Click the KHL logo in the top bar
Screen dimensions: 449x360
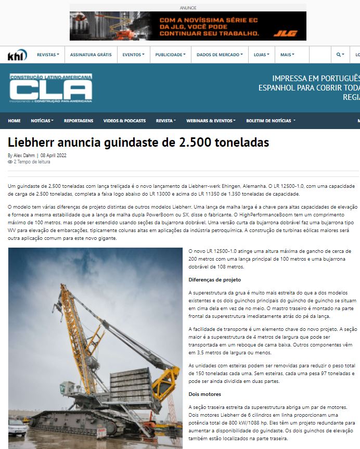coord(17,55)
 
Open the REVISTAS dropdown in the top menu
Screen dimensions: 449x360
coord(48,55)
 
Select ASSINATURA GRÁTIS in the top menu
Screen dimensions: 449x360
coord(91,55)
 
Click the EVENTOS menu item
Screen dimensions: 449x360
coord(134,55)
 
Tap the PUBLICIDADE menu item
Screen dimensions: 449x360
coord(170,55)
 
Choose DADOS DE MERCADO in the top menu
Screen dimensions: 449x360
coord(220,55)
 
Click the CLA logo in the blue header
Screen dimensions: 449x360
coord(51,88)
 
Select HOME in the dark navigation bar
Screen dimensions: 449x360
coord(15,121)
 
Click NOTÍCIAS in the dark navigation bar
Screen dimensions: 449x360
coord(42,121)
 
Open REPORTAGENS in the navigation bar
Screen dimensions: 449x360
coord(79,121)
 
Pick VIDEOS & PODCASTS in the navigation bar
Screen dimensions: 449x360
coord(124,121)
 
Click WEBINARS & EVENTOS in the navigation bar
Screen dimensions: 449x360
coord(211,121)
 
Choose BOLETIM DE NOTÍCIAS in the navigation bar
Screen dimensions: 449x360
coord(271,121)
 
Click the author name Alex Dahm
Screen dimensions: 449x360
coord(24,155)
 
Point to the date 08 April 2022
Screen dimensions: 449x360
coord(53,155)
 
